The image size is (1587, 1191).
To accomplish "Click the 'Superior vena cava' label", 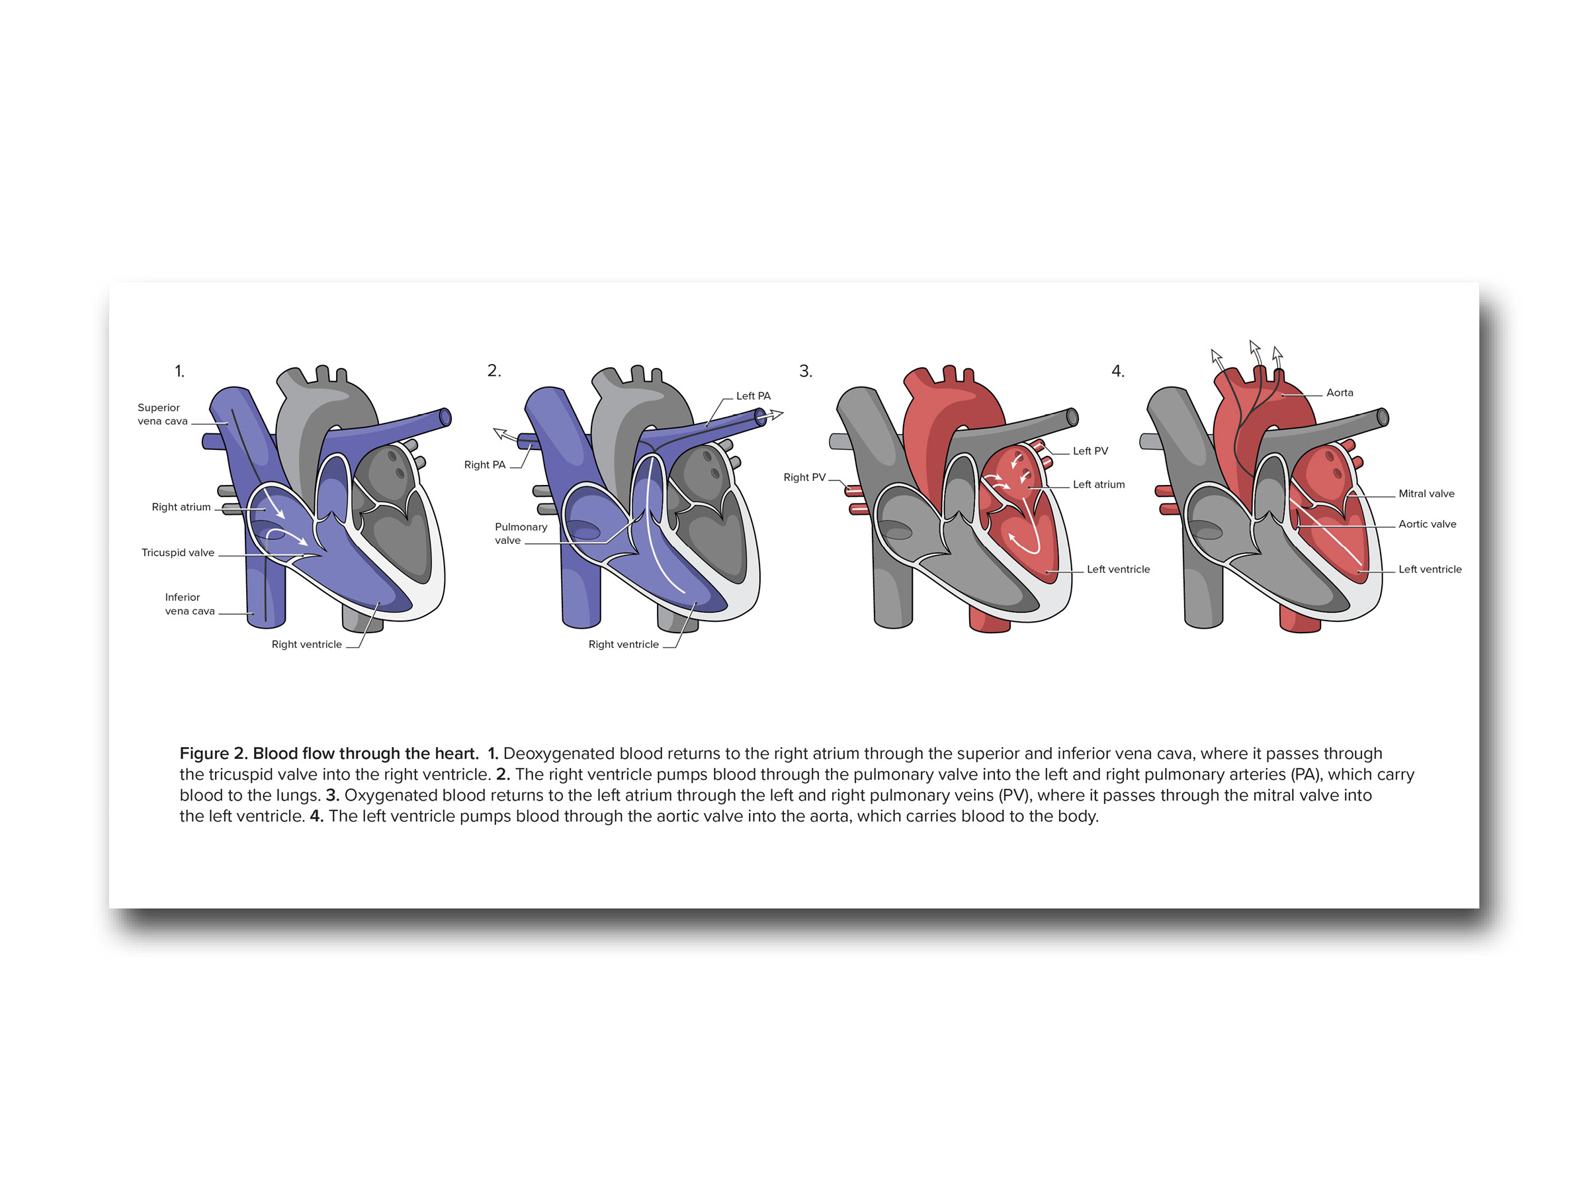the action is [x=162, y=414].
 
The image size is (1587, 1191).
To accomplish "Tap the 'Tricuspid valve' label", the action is [x=178, y=552].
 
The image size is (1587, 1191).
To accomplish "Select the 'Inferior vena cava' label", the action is [x=189, y=604].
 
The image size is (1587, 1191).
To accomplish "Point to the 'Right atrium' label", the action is [x=181, y=507].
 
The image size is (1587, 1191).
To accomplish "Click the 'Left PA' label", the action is [x=753, y=396].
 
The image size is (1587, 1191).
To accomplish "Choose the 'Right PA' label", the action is [x=484, y=465].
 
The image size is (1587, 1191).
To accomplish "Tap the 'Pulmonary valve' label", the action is [x=521, y=533].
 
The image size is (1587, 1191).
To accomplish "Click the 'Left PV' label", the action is [x=1090, y=451].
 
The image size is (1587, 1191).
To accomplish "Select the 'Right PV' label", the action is [x=804, y=477].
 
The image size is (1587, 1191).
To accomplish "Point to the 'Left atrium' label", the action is [x=1098, y=484].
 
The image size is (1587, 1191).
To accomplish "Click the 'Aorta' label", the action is [x=1340, y=392].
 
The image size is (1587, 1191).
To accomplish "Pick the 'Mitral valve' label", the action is [x=1426, y=494].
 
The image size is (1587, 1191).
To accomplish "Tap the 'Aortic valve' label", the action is [x=1427, y=524].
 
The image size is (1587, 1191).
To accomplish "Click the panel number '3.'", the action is [x=806, y=371].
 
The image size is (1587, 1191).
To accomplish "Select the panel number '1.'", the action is [x=179, y=371].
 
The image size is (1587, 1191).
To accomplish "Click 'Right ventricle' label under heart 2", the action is [x=623, y=644].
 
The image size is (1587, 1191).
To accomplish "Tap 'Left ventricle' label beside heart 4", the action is [x=1430, y=569].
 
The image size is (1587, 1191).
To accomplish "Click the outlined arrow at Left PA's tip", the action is [x=775, y=414].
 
